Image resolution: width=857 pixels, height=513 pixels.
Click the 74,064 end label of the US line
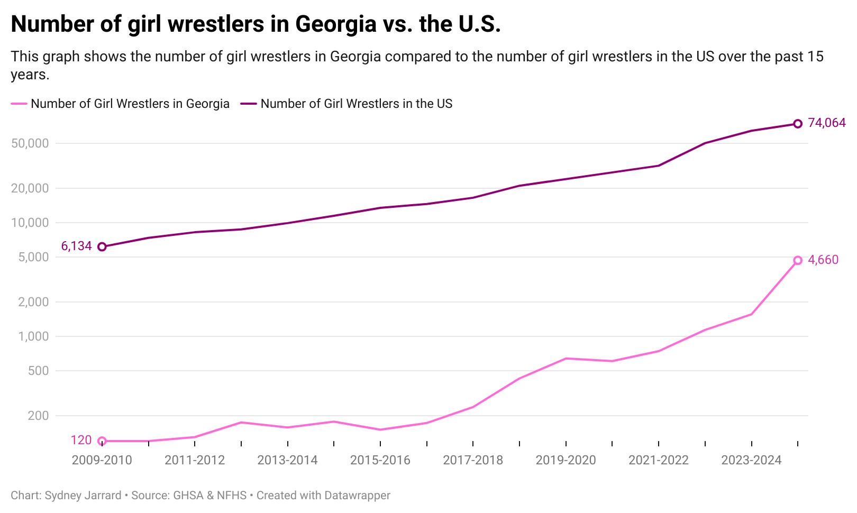826,123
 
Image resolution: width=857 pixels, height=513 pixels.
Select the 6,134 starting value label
77,246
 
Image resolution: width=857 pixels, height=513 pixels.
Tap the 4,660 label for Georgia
823,260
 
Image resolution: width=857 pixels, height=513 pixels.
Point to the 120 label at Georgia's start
81,440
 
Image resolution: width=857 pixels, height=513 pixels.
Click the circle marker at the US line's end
798,124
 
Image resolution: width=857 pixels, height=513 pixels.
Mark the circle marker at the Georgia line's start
102,441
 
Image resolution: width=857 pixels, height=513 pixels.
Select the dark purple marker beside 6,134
102,246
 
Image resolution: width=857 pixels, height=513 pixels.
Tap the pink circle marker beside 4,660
798,260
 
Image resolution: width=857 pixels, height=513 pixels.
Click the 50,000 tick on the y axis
30,143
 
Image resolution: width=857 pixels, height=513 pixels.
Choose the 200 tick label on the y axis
38,416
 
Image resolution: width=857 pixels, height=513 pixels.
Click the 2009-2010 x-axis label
102,460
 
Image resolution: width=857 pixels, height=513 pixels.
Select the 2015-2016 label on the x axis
380,460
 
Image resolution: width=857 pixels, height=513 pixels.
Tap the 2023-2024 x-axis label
751,460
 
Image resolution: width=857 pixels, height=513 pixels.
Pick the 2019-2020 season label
566,460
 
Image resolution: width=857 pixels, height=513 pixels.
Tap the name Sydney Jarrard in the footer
83,496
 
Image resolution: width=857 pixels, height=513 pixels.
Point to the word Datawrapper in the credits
357,496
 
